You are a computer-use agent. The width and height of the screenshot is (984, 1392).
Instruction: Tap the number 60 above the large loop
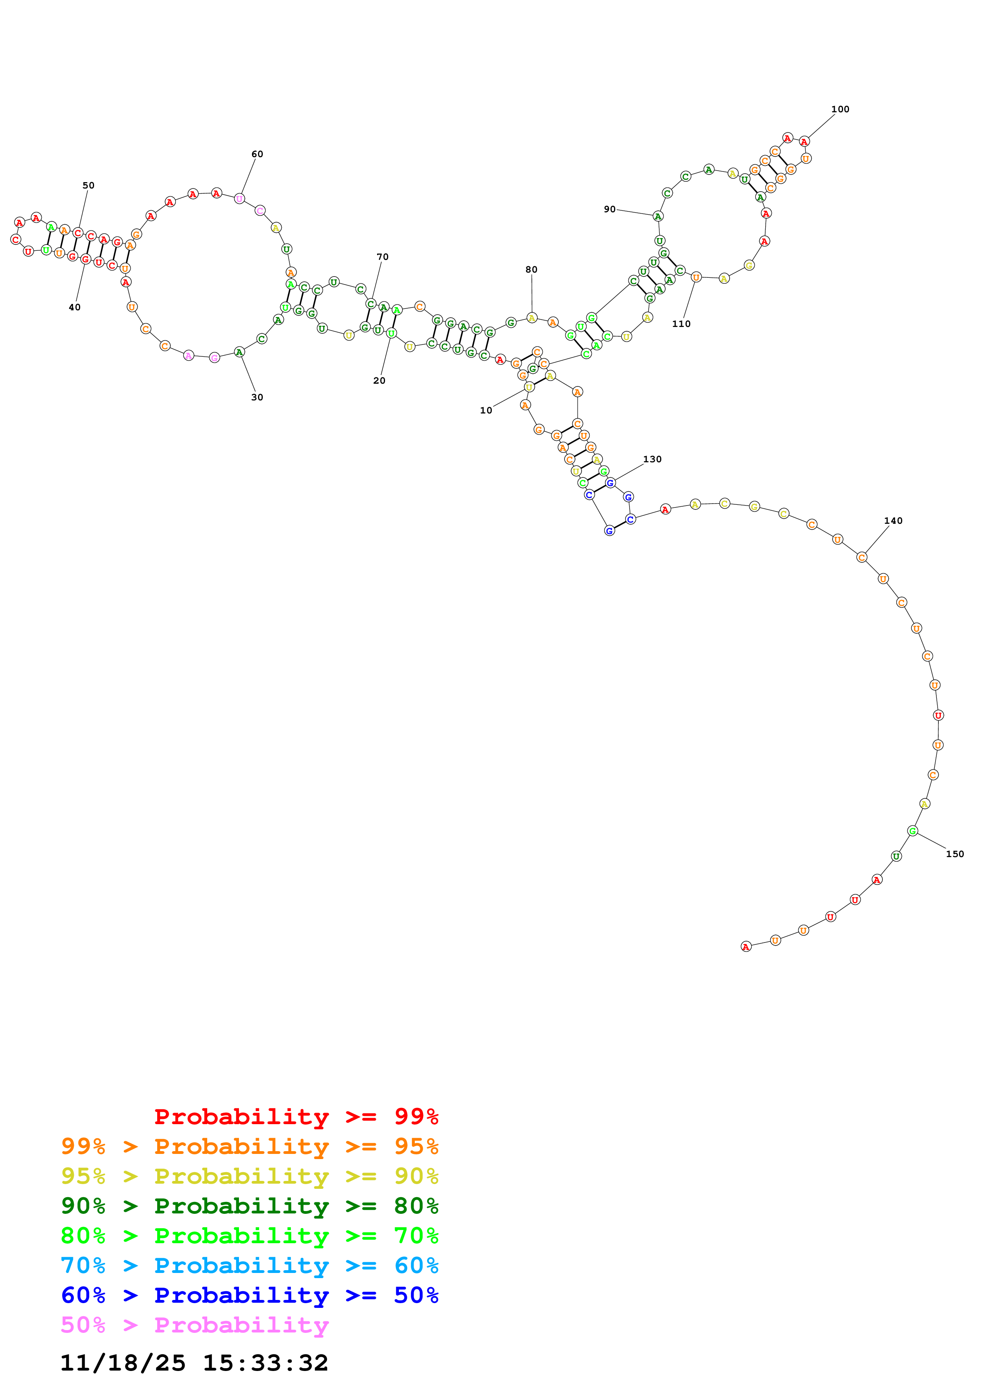tap(257, 154)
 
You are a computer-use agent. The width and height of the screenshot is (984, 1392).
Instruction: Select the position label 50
tap(89, 186)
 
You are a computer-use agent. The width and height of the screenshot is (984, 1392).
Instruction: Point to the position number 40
tap(75, 308)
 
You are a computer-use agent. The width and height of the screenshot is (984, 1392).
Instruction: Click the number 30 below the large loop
tap(257, 397)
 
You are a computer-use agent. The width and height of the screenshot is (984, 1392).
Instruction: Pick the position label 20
tap(379, 381)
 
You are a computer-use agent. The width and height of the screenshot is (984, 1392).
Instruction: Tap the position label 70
tap(383, 257)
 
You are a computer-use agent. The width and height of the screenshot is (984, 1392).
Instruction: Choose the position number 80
tap(531, 270)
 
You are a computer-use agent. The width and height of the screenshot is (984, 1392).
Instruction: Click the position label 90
tap(609, 209)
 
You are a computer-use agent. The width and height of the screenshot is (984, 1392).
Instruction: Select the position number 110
tap(681, 324)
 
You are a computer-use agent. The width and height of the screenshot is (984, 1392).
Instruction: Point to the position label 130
tap(653, 459)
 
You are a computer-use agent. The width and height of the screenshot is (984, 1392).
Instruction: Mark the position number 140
tap(893, 521)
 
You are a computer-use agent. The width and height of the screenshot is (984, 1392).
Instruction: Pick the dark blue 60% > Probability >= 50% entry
tap(249, 1295)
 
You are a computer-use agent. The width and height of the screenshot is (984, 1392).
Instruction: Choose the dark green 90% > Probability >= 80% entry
tap(249, 1206)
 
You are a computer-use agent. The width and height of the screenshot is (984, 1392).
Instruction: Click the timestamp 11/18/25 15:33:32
tap(194, 1362)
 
